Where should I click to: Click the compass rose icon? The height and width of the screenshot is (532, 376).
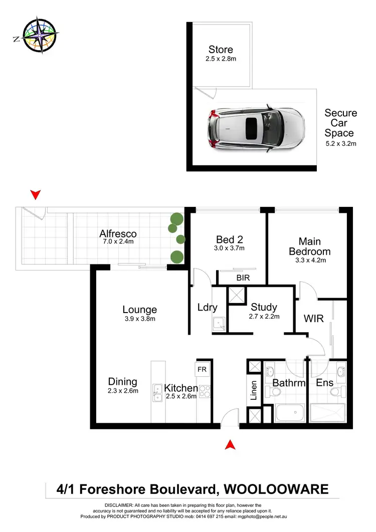point(35,35)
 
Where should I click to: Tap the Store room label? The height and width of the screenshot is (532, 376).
point(221,50)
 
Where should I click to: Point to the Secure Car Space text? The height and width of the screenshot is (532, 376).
point(340,123)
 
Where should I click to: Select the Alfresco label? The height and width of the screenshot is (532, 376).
point(118,234)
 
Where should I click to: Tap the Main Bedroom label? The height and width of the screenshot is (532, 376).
point(314,246)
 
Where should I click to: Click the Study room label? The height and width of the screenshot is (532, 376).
point(264,307)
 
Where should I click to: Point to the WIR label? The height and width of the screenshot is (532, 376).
point(313,319)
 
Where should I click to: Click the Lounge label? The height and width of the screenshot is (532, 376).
point(140,310)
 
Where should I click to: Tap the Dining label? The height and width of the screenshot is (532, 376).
point(122,382)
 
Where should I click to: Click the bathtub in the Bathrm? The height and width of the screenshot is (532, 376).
point(290,413)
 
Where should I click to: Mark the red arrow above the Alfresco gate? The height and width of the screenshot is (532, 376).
point(35,194)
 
